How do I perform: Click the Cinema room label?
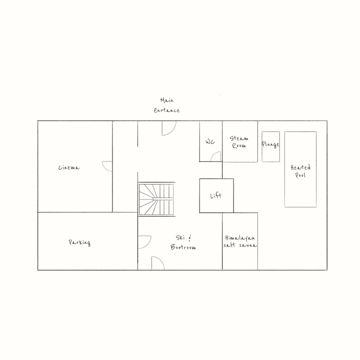69,168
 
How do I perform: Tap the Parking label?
80,242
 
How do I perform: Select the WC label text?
210,142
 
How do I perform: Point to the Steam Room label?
239,142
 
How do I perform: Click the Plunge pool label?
270,145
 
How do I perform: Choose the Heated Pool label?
301,171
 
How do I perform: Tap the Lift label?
216,196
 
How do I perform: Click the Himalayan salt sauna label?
240,242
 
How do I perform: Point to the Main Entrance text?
167,105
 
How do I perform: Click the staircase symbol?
157,199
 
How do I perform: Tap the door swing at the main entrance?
168,129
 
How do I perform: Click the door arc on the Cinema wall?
108,166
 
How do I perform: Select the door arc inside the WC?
216,157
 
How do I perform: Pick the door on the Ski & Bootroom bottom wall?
158,263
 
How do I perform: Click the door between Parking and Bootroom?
144,242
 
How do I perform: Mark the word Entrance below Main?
167,110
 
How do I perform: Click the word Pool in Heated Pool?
301,175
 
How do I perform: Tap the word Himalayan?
240,238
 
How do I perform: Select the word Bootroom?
184,247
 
